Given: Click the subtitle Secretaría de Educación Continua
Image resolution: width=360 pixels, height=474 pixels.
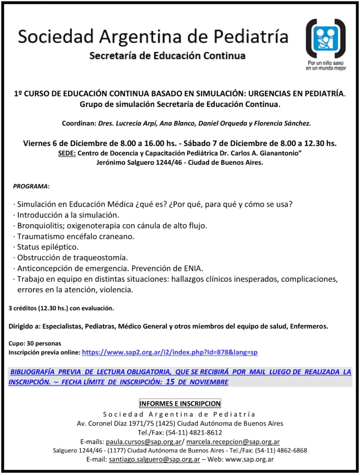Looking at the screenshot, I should [167, 56].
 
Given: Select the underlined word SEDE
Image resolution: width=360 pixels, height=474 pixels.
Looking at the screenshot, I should [67, 153].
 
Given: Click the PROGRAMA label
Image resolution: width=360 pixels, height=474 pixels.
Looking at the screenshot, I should [31, 186].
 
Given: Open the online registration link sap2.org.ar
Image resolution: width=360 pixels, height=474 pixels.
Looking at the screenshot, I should [170, 352].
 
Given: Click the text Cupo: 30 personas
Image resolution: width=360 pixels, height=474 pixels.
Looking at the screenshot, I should [35, 343].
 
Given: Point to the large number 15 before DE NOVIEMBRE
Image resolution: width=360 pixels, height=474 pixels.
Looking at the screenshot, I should [170, 382].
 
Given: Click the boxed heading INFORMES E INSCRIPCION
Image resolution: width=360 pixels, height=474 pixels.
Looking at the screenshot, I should [180, 404].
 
